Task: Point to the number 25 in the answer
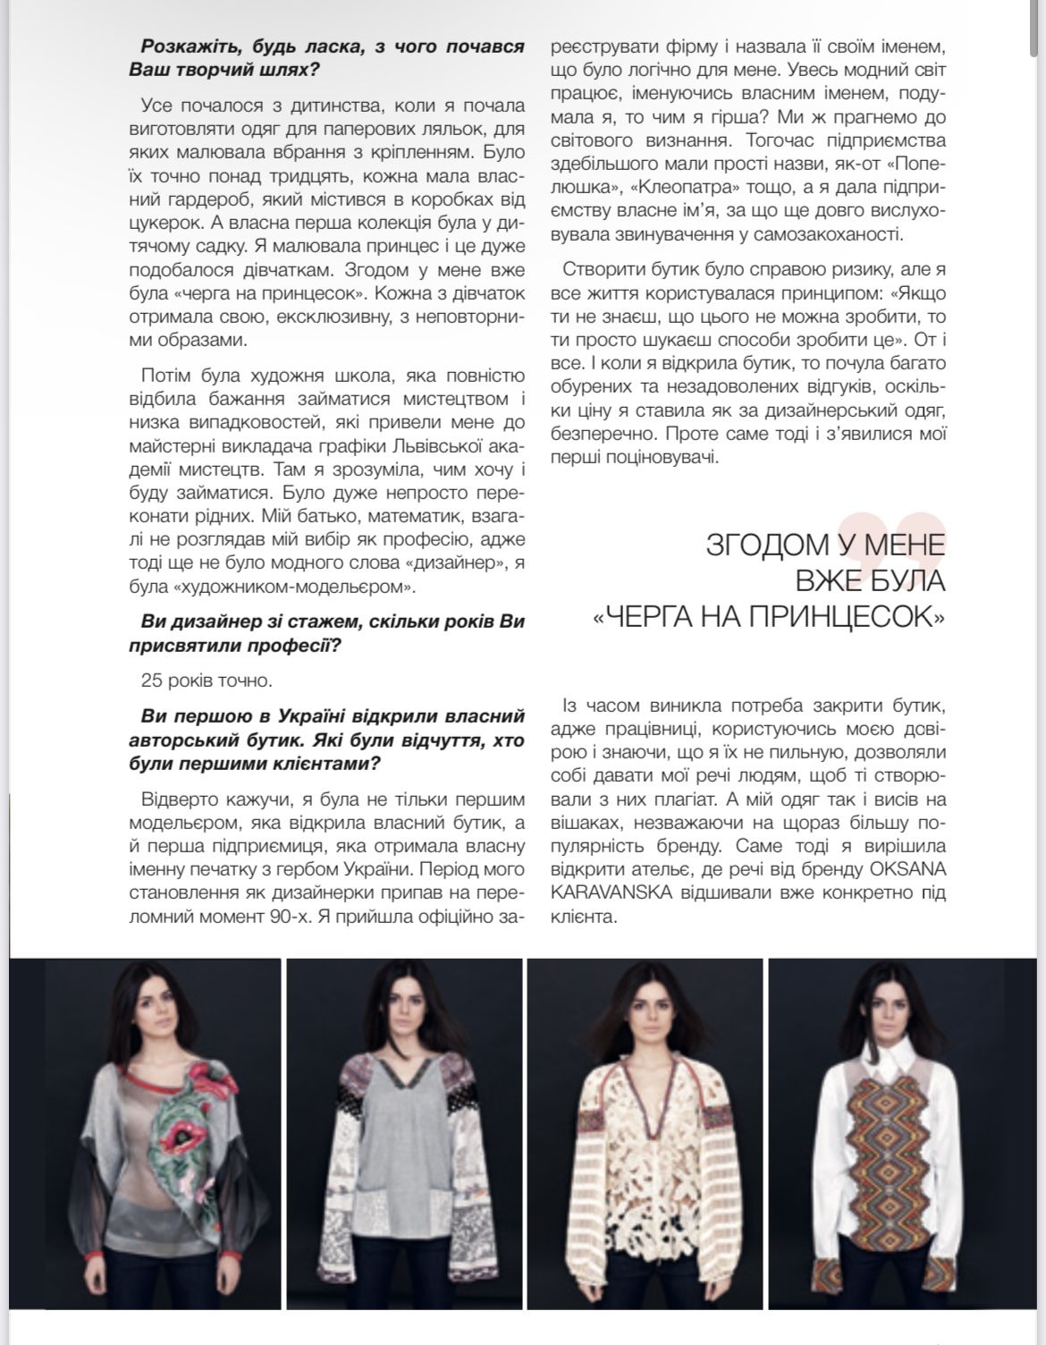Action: pos(152,681)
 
